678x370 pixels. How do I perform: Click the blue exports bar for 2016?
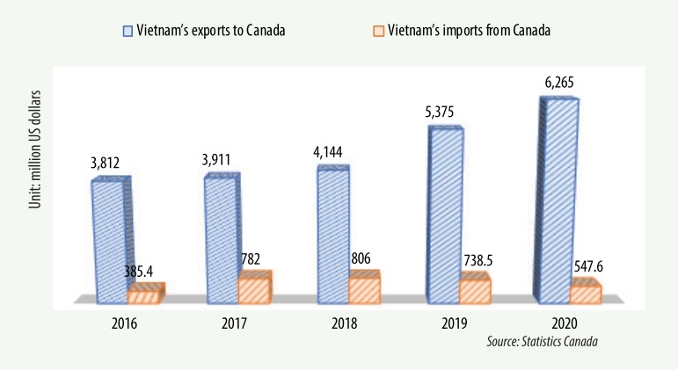click(110, 241)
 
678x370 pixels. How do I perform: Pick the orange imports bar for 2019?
click(476, 289)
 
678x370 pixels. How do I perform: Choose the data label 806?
click(366, 260)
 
